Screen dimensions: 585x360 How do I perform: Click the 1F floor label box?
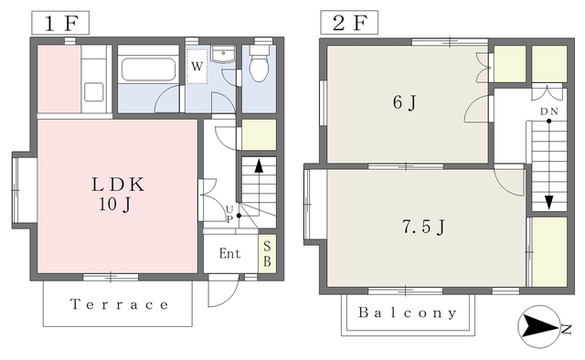point(60,23)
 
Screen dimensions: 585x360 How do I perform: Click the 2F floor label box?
point(349,23)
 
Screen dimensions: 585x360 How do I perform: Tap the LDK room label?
point(118,185)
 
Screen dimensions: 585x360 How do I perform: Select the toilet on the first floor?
point(259,62)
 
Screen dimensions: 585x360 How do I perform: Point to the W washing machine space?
point(197,67)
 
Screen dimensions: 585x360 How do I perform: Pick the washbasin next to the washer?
point(223,55)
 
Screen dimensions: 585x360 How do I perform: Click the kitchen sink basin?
point(93,92)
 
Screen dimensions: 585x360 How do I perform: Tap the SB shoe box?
point(267,254)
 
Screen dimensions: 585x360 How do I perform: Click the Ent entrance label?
point(229,254)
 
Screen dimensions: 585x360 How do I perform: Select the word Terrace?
point(120,304)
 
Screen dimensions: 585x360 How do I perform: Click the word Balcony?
point(408,312)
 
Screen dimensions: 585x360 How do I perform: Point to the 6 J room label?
point(404,102)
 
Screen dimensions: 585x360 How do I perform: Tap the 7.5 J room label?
point(423,227)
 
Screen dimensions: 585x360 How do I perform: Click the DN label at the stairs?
point(549,111)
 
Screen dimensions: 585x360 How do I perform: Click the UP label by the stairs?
point(229,214)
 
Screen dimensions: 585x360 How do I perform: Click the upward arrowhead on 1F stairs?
point(259,166)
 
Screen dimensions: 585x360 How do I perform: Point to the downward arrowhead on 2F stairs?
point(548,203)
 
